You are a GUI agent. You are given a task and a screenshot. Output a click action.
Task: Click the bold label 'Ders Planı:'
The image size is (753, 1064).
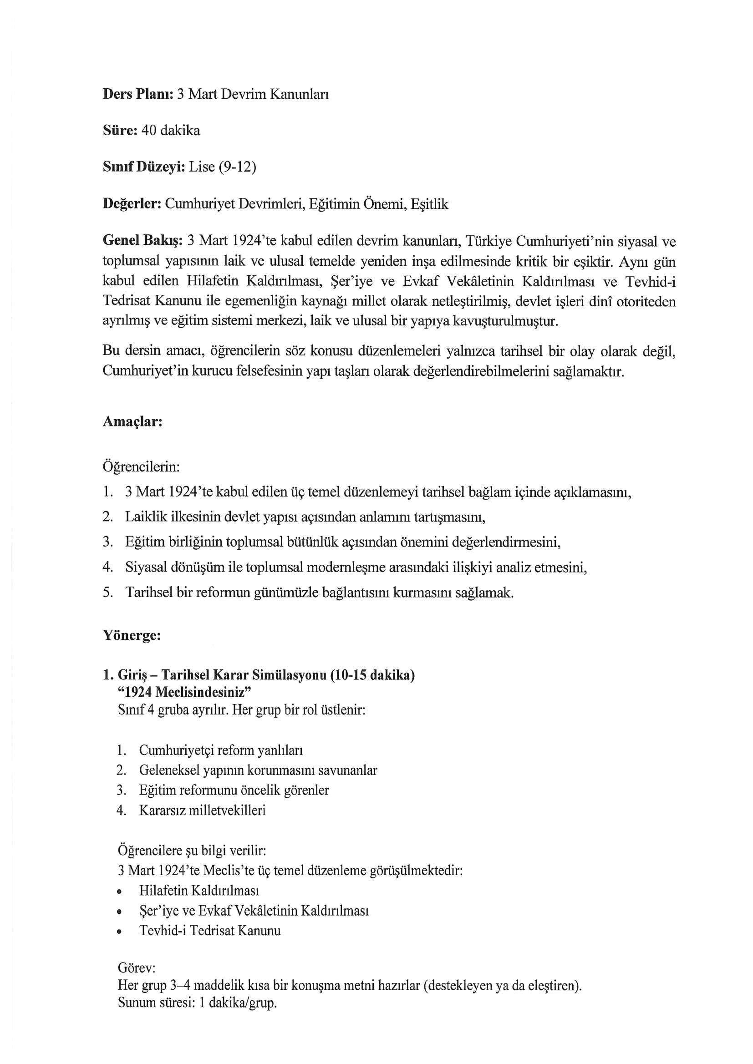pos(137,95)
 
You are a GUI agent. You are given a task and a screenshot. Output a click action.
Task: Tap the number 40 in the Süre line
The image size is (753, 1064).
pos(149,131)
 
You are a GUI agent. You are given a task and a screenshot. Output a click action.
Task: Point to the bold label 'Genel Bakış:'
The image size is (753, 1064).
pos(143,241)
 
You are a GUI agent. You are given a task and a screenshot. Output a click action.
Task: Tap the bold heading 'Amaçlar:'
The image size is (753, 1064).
pos(132,422)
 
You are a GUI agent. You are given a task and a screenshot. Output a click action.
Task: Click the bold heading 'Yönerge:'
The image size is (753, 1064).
pos(132,635)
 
